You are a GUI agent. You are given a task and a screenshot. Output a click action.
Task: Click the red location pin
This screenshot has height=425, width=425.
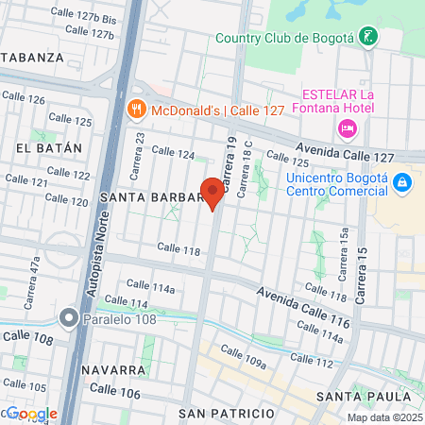(x=213, y=193)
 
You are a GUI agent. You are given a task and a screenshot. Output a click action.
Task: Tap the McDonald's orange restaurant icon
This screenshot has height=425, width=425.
(x=137, y=109)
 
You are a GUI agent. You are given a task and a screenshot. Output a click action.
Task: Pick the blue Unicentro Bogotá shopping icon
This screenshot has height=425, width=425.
(x=403, y=180)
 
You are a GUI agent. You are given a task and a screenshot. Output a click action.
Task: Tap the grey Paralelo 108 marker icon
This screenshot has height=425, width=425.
(x=68, y=317)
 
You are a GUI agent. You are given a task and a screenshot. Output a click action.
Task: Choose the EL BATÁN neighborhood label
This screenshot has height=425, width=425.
(x=42, y=148)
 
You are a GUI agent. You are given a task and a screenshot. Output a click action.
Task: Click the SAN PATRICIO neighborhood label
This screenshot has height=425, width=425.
(x=226, y=414)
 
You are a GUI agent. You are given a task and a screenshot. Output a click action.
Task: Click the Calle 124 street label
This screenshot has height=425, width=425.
(x=173, y=152)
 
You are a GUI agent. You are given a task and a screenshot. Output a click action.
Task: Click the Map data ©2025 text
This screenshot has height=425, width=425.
(x=383, y=417)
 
